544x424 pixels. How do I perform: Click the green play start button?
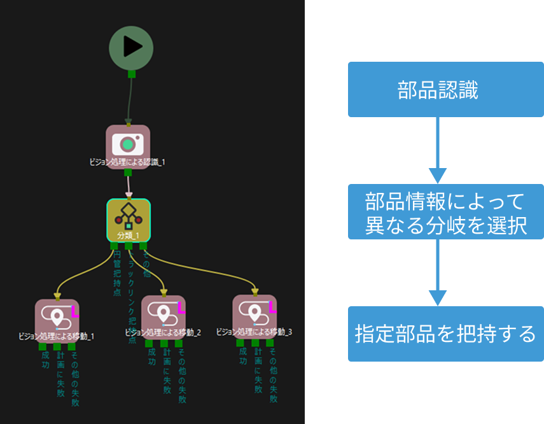click(131, 47)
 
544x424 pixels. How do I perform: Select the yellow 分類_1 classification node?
click(128, 220)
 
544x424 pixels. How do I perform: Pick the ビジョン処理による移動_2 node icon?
click(164, 312)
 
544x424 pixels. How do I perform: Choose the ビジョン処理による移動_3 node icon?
click(255, 311)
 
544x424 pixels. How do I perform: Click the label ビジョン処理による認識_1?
click(127, 162)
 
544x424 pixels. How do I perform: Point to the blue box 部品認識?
click(437, 90)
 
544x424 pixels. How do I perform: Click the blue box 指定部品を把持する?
click(445, 334)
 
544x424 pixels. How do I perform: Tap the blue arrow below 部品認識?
click(438, 150)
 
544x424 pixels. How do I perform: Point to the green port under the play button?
click(132, 74)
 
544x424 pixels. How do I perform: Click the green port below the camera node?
click(128, 173)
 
